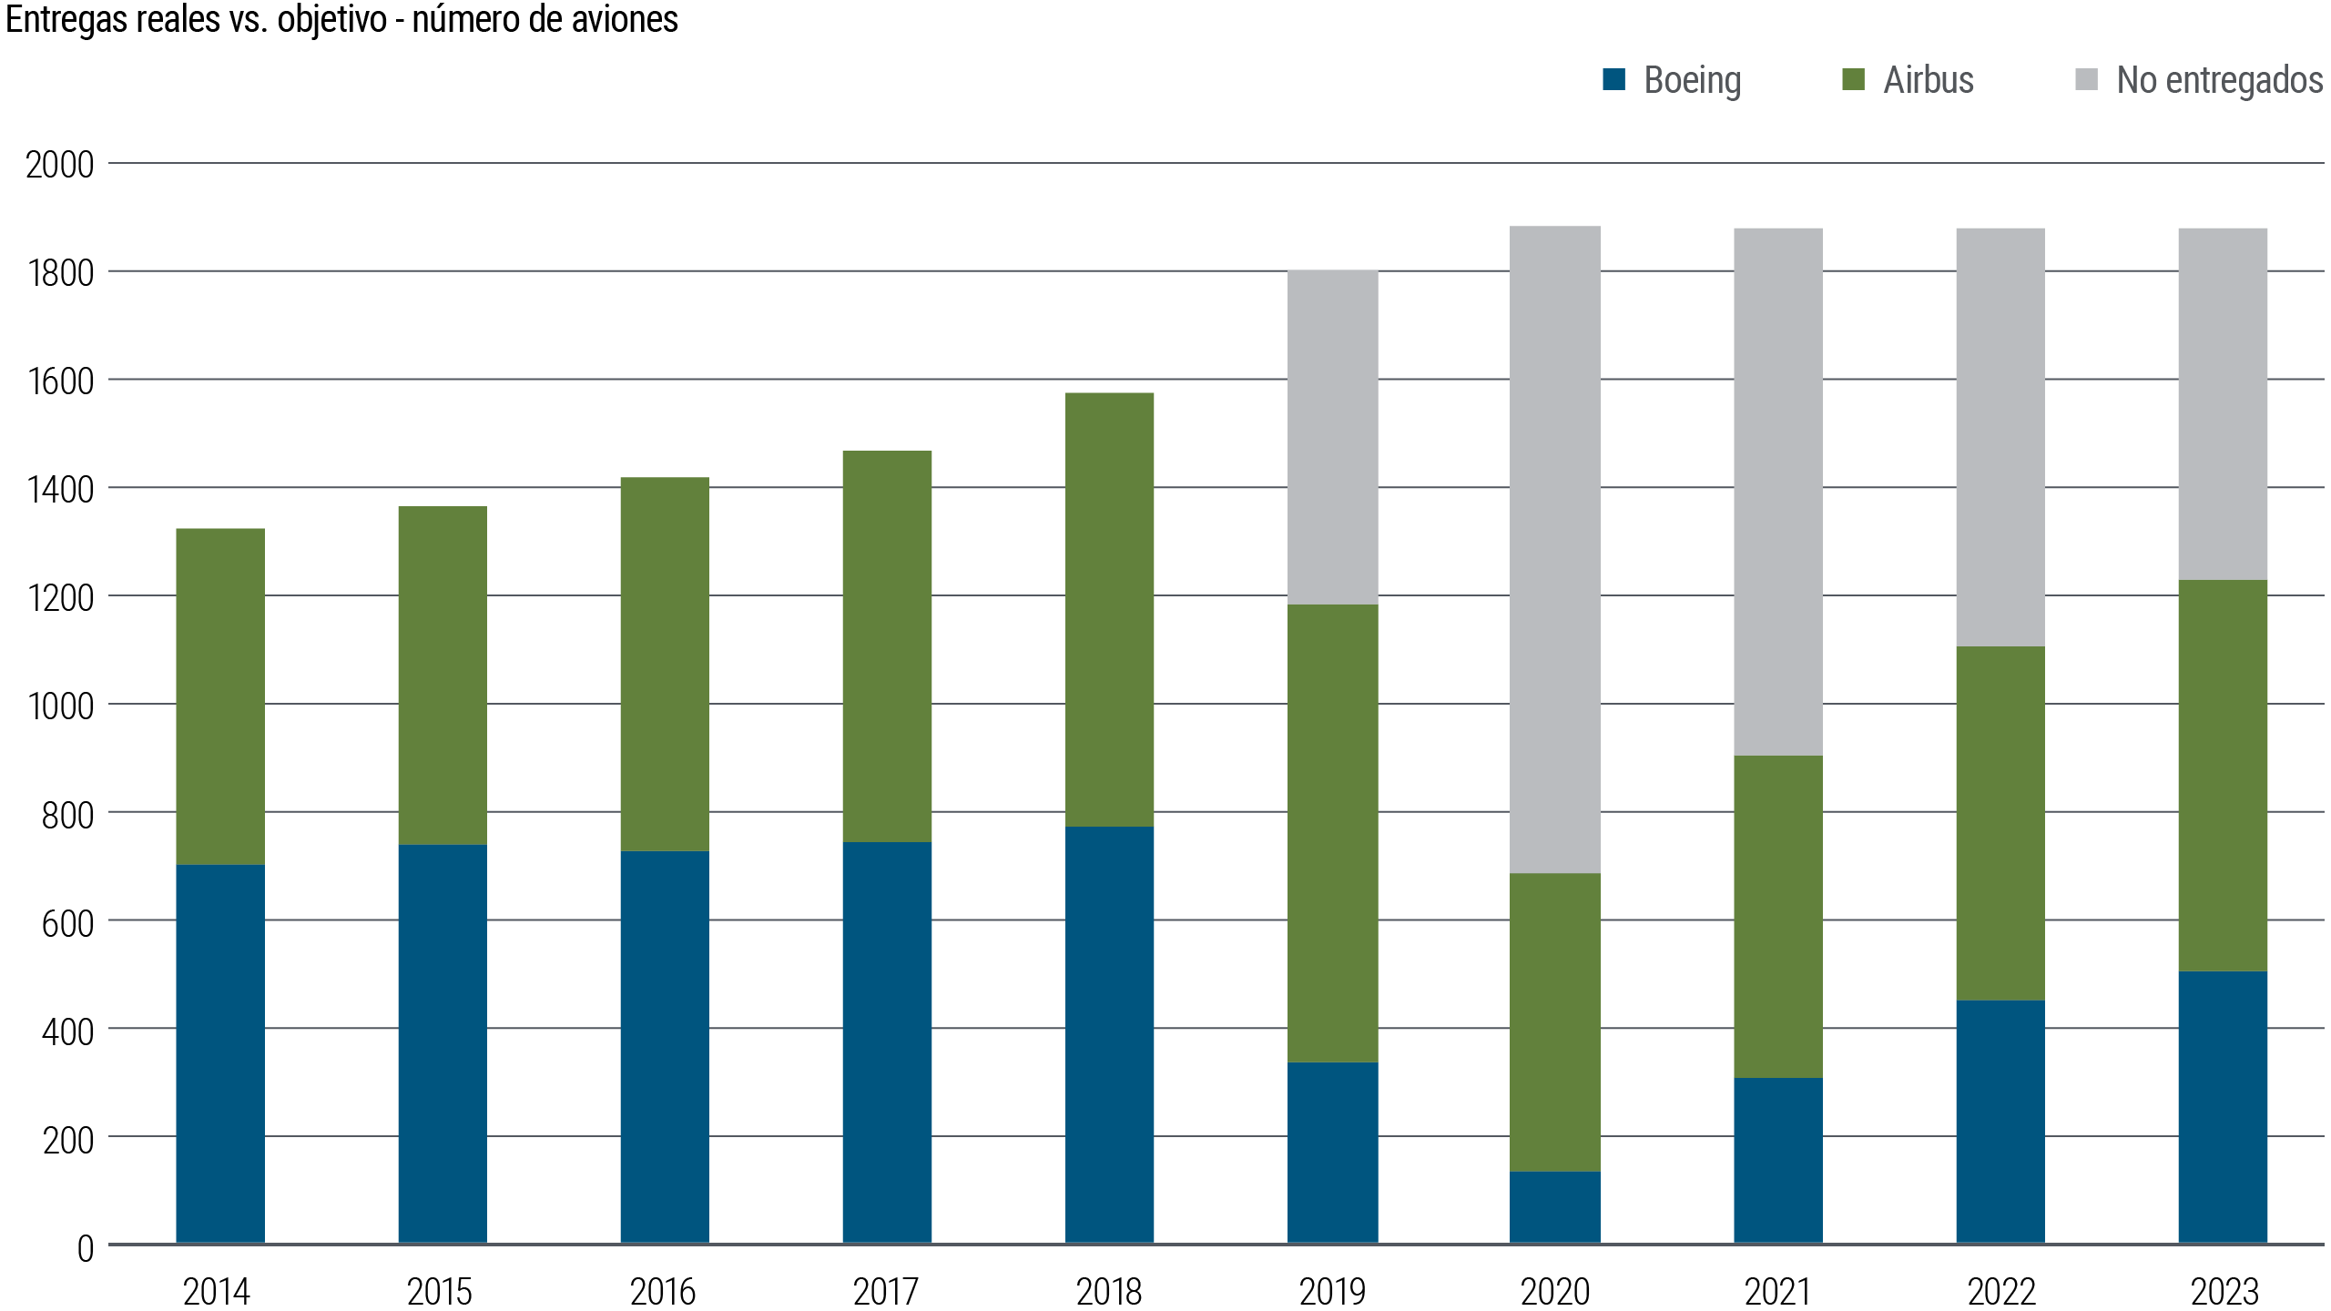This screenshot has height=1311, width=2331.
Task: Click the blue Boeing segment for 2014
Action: [220, 1053]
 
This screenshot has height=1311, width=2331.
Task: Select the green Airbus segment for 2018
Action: [1109, 609]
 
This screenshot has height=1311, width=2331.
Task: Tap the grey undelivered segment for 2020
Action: [1554, 549]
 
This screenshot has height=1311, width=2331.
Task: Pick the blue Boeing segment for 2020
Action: [1554, 1207]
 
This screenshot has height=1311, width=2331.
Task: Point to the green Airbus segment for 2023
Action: [2223, 776]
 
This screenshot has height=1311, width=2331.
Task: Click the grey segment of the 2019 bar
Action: [1332, 437]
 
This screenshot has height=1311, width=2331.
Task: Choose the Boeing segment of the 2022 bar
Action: [2000, 1122]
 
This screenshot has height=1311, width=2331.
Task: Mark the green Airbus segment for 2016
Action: [665, 664]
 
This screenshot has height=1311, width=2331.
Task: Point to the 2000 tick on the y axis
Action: [60, 165]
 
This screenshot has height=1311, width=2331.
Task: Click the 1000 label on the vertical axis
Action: [60, 706]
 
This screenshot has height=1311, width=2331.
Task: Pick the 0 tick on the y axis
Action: [86, 1248]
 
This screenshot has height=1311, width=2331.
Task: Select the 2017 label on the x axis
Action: [886, 1291]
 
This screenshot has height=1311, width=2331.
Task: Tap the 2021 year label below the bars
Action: [1777, 1291]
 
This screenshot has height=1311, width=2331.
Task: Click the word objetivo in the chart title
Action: [331, 20]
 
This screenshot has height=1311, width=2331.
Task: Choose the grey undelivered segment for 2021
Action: [1777, 492]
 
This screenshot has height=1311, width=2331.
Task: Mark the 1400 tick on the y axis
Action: [60, 490]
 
